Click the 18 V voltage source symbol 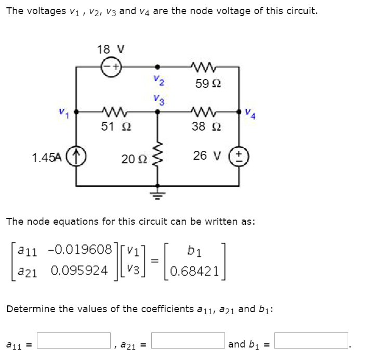[110, 67]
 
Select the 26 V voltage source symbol [240, 156]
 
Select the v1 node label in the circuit [62, 111]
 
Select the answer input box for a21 [188, 341]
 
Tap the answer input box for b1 [311, 341]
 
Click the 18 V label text [110, 50]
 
